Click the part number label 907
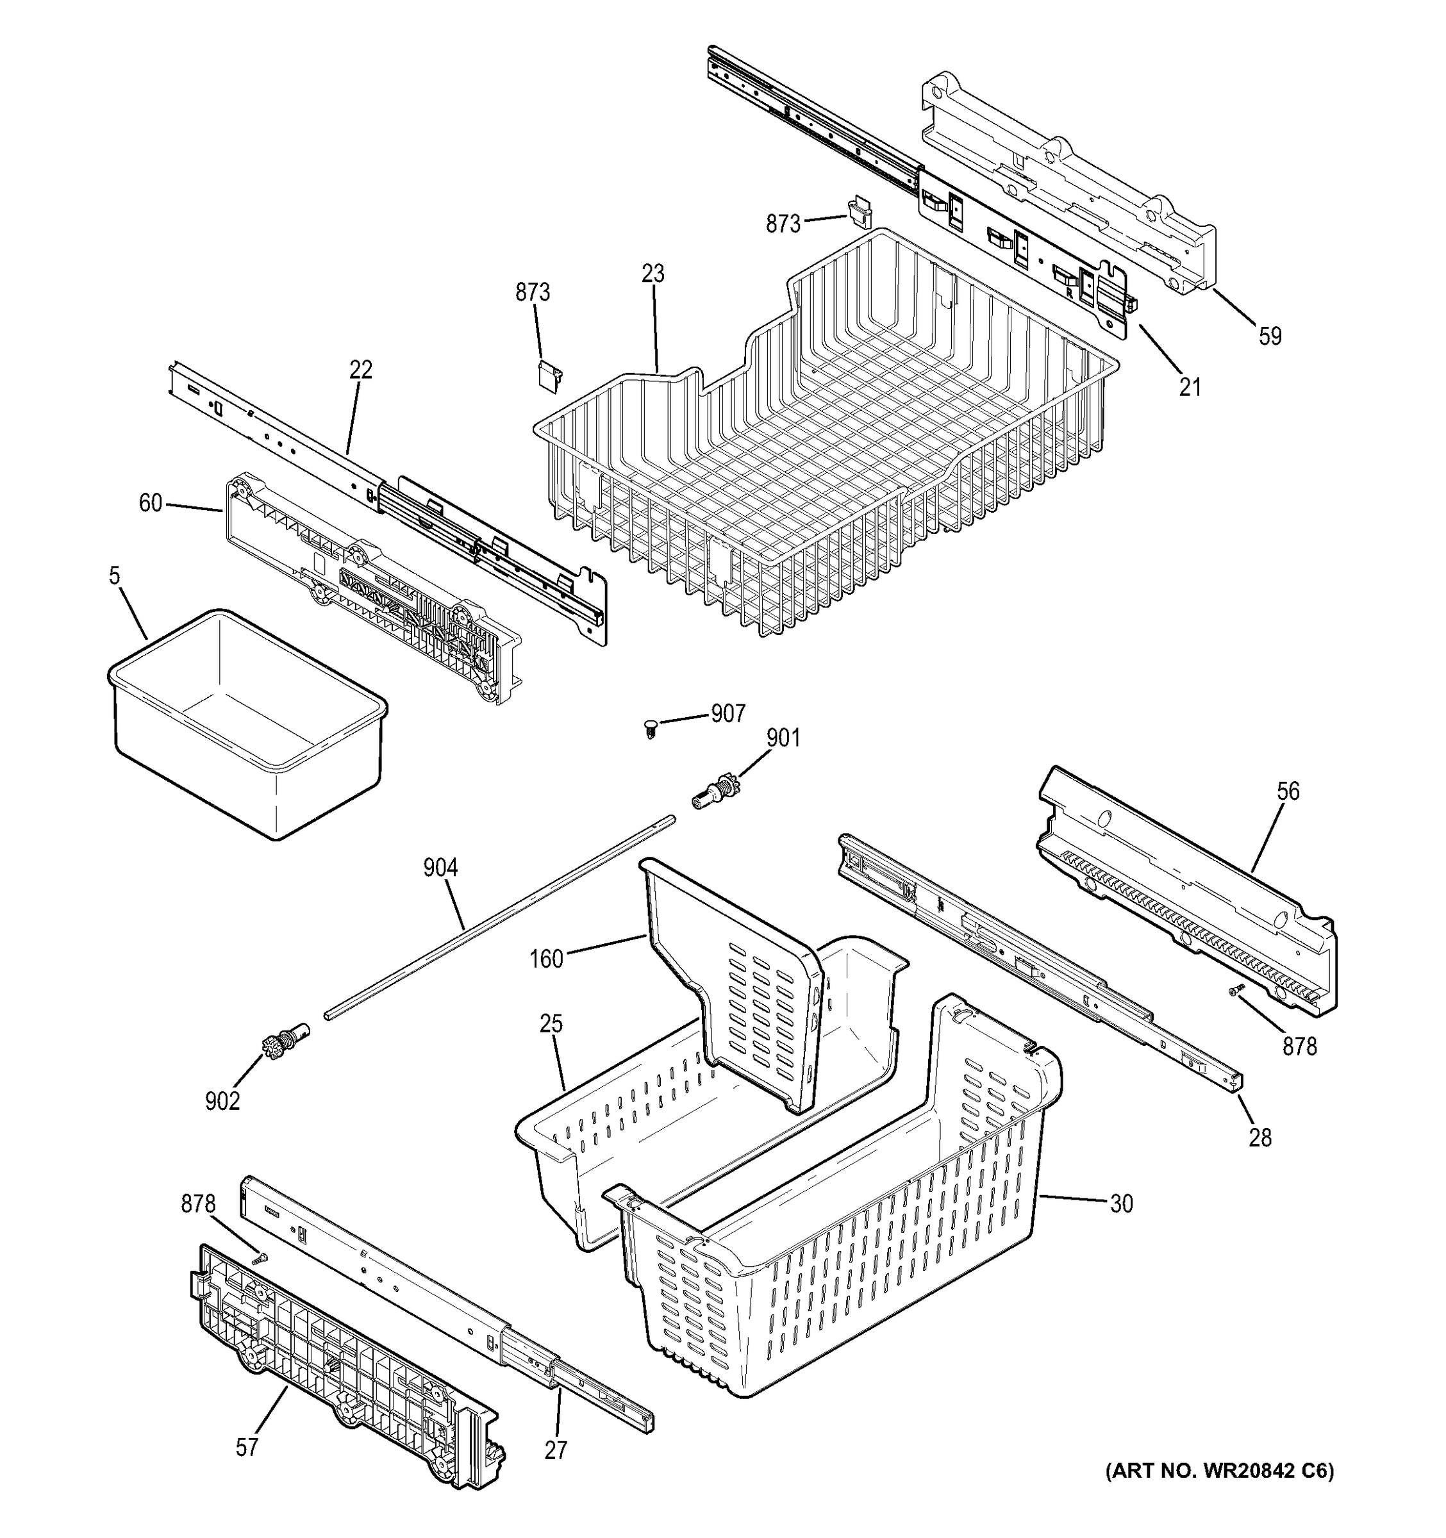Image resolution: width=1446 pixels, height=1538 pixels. coord(728,713)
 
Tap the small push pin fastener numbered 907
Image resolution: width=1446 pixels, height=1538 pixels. coord(650,727)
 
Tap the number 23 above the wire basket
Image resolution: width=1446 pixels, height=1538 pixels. coord(653,274)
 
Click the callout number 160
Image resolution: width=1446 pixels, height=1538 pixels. coord(546,959)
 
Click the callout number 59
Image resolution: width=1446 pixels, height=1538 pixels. coord(1270,336)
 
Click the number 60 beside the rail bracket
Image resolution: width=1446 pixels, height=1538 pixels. coord(150,504)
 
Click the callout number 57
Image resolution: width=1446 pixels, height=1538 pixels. coord(247,1448)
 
